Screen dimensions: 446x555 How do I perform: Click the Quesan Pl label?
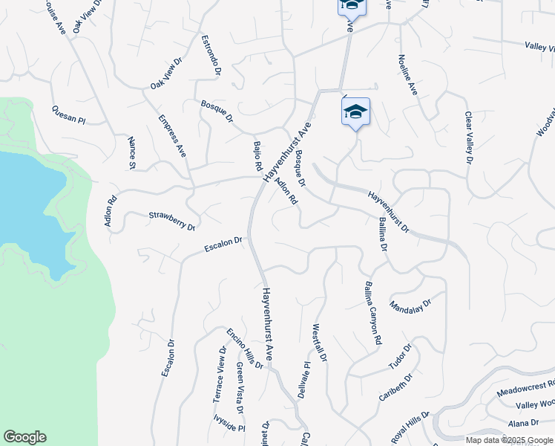tap(69, 114)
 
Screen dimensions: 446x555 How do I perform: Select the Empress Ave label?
tap(171, 135)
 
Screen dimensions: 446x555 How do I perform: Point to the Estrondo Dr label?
tap(212, 54)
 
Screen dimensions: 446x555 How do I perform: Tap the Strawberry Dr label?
tap(171, 221)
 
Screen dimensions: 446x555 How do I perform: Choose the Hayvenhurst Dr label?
tap(388, 210)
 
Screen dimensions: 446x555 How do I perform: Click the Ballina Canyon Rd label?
tap(372, 311)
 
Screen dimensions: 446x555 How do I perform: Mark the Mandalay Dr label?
tap(410, 305)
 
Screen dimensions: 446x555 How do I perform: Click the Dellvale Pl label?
tap(303, 379)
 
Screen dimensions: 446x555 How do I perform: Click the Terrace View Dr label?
tap(220, 375)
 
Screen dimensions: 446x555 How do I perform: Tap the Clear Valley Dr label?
tap(468, 138)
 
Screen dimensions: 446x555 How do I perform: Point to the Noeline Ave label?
tap(408, 75)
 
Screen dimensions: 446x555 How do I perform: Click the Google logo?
tap(24, 437)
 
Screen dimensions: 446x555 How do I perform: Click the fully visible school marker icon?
tap(355, 111)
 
